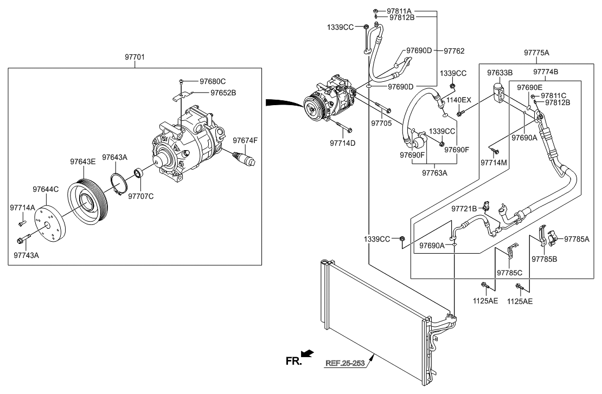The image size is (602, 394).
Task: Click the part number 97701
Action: coord(135,57)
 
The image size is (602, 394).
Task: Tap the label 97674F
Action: coord(246,141)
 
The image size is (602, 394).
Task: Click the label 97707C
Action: coord(140,196)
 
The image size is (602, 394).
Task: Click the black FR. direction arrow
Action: coord(308,354)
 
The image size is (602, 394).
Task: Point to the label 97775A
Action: coord(536,53)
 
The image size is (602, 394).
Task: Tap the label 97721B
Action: coord(464,208)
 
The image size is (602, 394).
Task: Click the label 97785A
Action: coord(577,238)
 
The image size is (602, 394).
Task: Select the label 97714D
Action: coord(343,144)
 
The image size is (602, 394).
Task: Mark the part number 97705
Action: coord(381,124)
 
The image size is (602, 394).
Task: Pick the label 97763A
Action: coord(436,173)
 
